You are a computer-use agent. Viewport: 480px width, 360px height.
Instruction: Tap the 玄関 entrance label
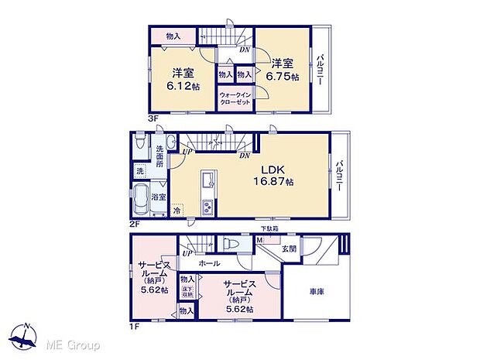point(289,248)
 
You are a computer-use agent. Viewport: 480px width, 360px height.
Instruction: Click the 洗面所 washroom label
point(159,155)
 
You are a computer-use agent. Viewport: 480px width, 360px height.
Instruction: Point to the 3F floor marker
point(153,117)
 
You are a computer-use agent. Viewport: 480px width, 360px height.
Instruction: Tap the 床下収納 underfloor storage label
point(187,293)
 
